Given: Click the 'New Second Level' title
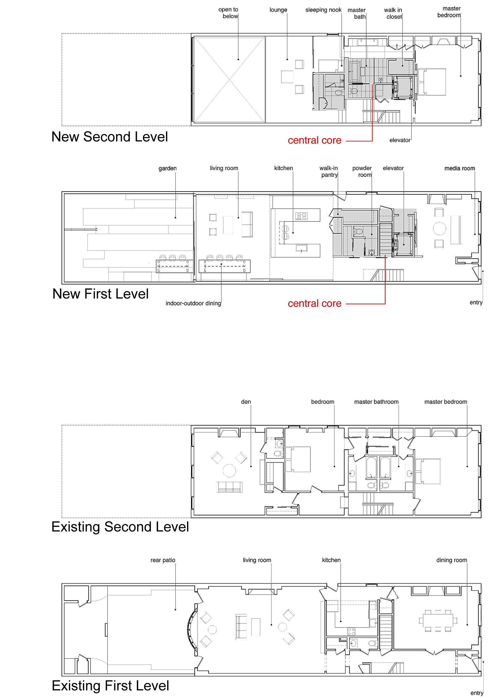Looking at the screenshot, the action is tap(110, 137).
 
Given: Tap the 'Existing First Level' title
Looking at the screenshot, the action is tap(110, 686).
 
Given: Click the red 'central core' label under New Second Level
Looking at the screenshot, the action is tap(314, 140).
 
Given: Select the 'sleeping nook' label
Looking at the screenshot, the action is tap(324, 10).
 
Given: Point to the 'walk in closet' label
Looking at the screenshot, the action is tap(393, 13).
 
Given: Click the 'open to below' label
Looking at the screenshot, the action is tap(229, 13).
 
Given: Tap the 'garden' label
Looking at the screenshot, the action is tap(167, 168).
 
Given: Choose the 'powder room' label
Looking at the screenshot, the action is tap(362, 171).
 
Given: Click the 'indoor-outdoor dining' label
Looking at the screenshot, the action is tap(193, 303).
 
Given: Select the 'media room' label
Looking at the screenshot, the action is tap(460, 168).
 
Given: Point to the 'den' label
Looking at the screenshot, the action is tap(246, 402).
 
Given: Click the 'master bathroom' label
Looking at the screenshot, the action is tap(376, 402).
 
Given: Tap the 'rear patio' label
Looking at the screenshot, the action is tap(163, 560).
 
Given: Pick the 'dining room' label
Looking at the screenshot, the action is tap(452, 560).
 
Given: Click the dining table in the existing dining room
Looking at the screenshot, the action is tap(438, 620).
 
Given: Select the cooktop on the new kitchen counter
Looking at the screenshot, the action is tap(302, 216).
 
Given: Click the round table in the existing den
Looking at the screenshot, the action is tap(229, 471).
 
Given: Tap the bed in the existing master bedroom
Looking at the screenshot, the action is tap(428, 471).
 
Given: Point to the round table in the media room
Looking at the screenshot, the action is tap(440, 229).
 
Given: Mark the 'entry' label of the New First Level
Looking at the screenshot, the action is tap(476, 302).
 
